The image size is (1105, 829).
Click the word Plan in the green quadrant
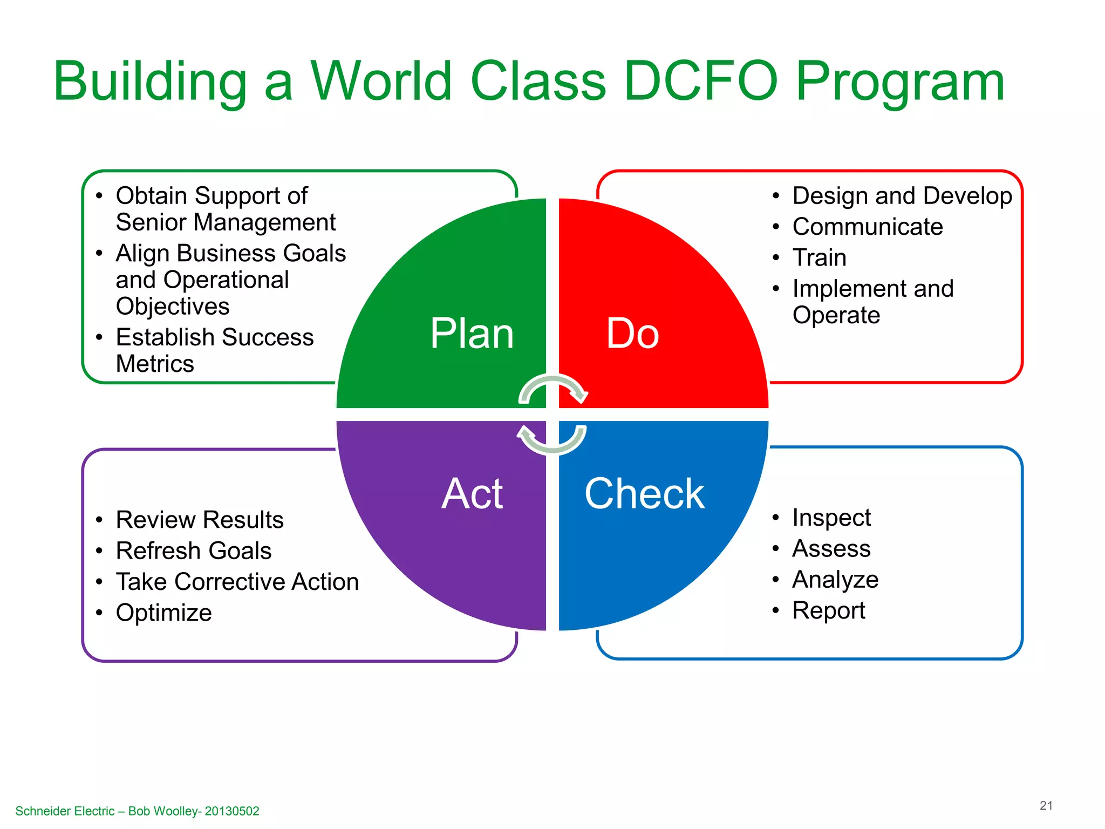tap(472, 334)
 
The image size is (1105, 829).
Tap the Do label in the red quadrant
tap(632, 334)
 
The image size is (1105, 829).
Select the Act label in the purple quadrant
tap(472, 493)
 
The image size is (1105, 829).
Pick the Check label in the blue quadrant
tap(644, 493)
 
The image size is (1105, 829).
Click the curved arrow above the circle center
tap(553, 388)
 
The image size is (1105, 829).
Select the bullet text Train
tap(819, 257)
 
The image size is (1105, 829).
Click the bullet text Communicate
tap(867, 227)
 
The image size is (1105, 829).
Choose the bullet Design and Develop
tap(902, 196)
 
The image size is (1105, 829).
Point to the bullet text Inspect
tap(831, 518)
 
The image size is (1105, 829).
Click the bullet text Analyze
tap(835, 580)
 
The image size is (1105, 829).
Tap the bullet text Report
tap(828, 610)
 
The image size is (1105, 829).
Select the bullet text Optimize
tap(163, 613)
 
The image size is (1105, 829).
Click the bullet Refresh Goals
tap(193, 551)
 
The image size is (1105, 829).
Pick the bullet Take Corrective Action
tap(237, 582)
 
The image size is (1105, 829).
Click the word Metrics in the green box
tap(155, 364)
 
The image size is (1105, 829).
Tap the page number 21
tap(1046, 805)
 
